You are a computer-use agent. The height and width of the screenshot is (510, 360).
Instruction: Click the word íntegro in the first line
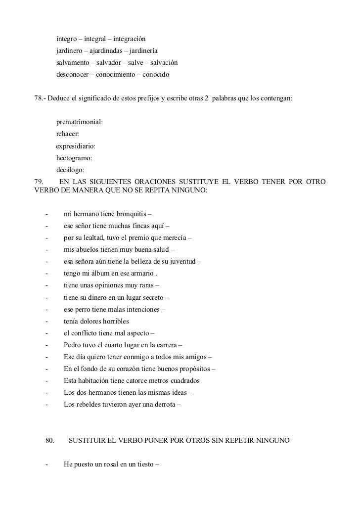[x=67, y=39]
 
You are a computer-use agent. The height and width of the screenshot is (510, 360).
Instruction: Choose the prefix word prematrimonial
[x=79, y=122]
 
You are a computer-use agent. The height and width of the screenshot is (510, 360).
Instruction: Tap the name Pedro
[x=73, y=345]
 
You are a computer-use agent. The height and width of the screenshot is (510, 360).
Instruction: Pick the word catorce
[x=134, y=381]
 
